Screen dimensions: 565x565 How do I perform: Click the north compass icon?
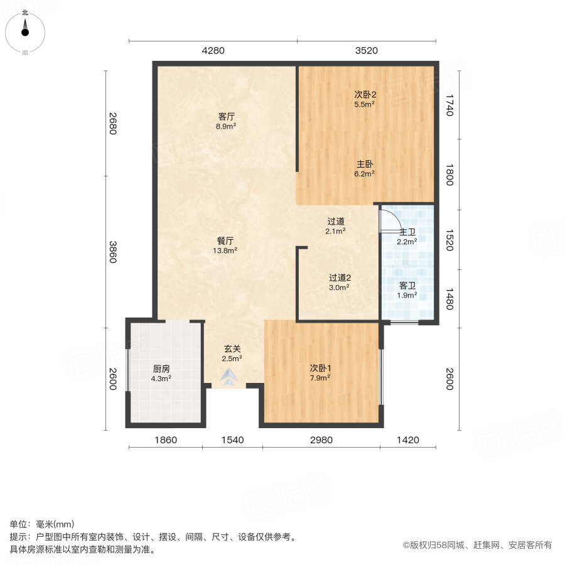pos(25,29)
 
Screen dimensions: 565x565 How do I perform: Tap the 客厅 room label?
pos(226,116)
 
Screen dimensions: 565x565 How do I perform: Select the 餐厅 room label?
pos(226,240)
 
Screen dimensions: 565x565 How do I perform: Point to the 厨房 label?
pos(161,369)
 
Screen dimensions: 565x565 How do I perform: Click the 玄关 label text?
pos(232,348)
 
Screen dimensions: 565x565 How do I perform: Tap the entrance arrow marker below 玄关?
pos(230,377)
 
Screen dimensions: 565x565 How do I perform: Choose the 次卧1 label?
pos(320,367)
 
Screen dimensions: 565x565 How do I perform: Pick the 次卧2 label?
pos(365,94)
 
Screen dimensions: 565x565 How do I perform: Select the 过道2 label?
pos(339,277)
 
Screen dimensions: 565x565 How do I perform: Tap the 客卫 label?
pos(407,285)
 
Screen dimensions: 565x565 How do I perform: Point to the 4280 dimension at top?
pos(213,51)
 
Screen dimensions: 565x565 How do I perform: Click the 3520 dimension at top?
pos(366,51)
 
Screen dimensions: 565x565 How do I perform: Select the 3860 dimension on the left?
pos(112,252)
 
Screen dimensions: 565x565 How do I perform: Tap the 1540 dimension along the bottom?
pos(232,440)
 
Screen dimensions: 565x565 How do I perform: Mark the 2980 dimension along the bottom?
pos(321,440)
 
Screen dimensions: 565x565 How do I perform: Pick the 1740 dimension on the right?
pos(449,105)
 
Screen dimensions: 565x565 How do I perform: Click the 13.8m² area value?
pos(226,250)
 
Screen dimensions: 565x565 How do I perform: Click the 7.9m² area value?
pos(320,377)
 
